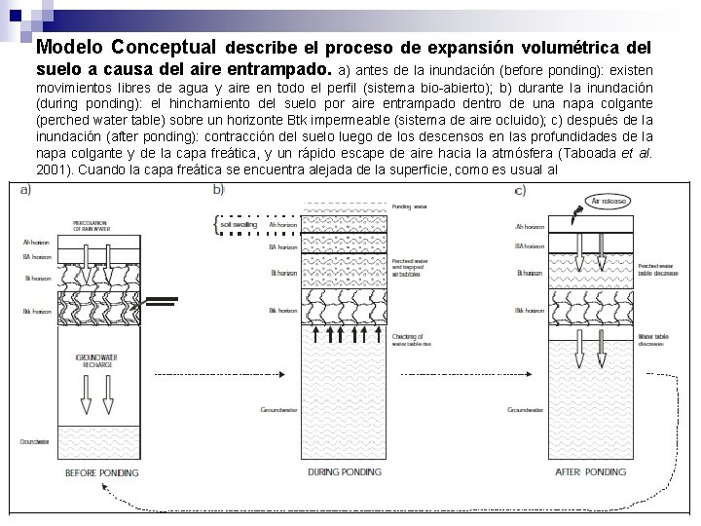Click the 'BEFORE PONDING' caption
(101, 472)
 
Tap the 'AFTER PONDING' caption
(591, 471)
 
